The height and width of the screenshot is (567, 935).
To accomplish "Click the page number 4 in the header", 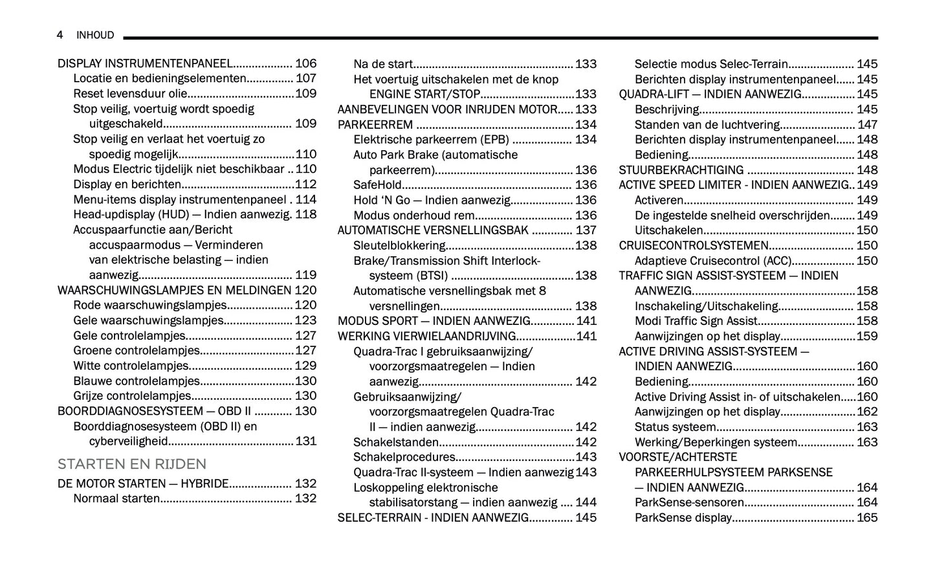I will coord(60,35).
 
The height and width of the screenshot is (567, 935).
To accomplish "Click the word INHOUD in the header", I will coord(95,35).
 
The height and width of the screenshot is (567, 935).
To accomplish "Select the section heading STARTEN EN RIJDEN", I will coord(132,464).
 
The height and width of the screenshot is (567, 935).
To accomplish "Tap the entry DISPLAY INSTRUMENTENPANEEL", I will coord(144,63).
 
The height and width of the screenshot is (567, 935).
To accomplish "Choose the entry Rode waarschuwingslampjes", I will coord(149,306).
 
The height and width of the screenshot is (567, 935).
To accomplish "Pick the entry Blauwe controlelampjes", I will coord(136,381).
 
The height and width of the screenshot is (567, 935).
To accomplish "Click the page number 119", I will coord(305,275).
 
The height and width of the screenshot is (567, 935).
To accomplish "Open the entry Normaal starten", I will coord(116,498).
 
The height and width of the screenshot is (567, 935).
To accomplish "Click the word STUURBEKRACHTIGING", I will coord(681,170).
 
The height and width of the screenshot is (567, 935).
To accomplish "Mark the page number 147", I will coord(867,124).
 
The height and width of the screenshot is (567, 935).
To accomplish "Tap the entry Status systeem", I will coord(675,427).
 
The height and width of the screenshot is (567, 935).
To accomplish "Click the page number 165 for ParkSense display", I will coord(867,518).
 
